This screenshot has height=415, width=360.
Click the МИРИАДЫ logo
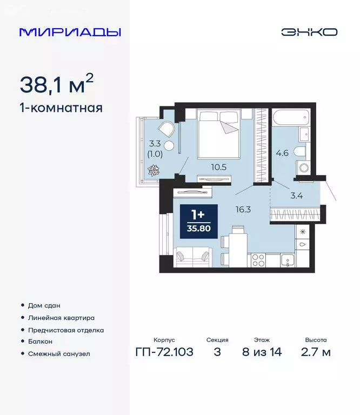click(70, 32)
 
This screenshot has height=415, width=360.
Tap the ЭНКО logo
click(309, 32)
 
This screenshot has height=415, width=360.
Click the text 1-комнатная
click(61, 108)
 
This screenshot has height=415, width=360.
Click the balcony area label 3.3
click(156, 144)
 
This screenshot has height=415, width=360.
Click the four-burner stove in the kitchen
click(258, 260)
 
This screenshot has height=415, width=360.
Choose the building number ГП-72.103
click(164, 352)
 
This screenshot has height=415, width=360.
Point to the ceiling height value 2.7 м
click(316, 352)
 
